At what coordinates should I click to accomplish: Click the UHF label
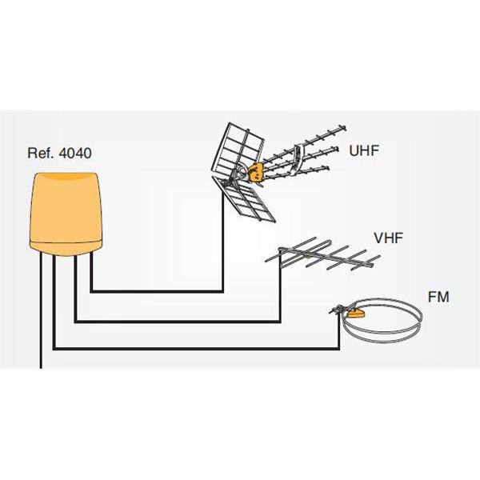364,150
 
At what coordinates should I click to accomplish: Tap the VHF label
388,238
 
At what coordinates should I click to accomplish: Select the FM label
438,297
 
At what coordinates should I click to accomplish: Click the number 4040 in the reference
75,153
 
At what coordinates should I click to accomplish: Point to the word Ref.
42,153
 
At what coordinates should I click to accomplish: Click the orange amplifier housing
66,214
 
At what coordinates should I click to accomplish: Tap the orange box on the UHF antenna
256,172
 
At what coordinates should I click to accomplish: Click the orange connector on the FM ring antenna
355,313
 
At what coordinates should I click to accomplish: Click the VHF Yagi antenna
322,254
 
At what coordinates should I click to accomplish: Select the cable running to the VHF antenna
178,322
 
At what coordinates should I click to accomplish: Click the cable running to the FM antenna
196,348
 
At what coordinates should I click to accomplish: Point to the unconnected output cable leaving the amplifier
41,310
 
